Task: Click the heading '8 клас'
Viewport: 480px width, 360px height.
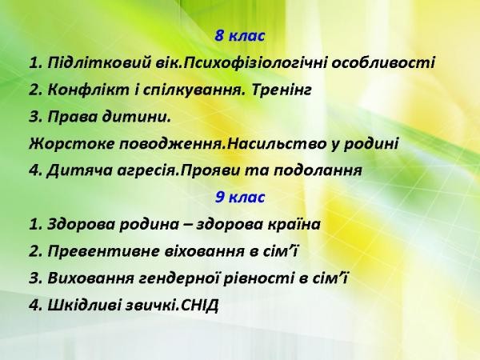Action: click(240, 36)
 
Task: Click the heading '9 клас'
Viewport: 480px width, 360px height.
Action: click(240, 197)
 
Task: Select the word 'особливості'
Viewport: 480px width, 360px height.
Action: click(383, 63)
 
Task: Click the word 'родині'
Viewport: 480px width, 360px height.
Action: click(370, 144)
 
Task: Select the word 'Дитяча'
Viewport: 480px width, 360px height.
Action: click(79, 171)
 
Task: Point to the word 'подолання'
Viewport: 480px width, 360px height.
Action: click(318, 171)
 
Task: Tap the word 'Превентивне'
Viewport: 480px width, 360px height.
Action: click(104, 252)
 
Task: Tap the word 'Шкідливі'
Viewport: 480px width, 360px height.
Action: click(84, 306)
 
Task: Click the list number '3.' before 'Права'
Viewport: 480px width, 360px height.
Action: click(35, 117)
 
